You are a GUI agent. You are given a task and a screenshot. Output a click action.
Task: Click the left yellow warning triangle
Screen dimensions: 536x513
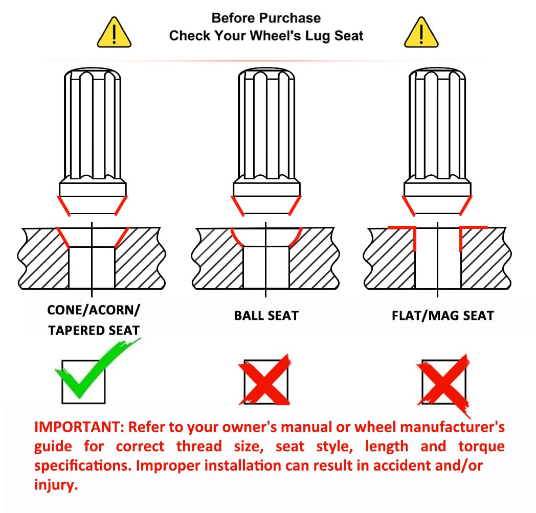(x=114, y=33)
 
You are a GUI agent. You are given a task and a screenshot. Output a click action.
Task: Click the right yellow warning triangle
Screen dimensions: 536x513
(x=421, y=33)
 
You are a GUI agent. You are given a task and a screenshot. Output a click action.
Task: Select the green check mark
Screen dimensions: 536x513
(x=97, y=368)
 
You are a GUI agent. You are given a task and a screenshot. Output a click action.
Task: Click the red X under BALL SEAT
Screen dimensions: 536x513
(x=264, y=380)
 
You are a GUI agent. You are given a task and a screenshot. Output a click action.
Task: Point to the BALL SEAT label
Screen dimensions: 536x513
(x=266, y=316)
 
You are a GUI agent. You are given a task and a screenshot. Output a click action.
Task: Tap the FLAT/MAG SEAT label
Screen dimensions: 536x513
(x=443, y=316)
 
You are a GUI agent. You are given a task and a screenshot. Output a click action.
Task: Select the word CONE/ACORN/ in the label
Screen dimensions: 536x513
(x=94, y=310)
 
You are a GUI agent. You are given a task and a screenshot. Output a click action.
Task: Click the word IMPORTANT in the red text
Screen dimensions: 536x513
(x=79, y=427)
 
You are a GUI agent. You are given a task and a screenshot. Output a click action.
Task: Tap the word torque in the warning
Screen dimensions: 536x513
(x=481, y=447)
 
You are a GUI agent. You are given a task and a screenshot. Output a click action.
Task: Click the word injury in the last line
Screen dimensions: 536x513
(x=56, y=485)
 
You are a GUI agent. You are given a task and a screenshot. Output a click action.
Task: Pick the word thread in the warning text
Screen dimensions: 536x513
(x=199, y=447)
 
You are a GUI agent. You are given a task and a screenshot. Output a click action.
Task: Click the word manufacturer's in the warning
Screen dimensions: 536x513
(x=452, y=427)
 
